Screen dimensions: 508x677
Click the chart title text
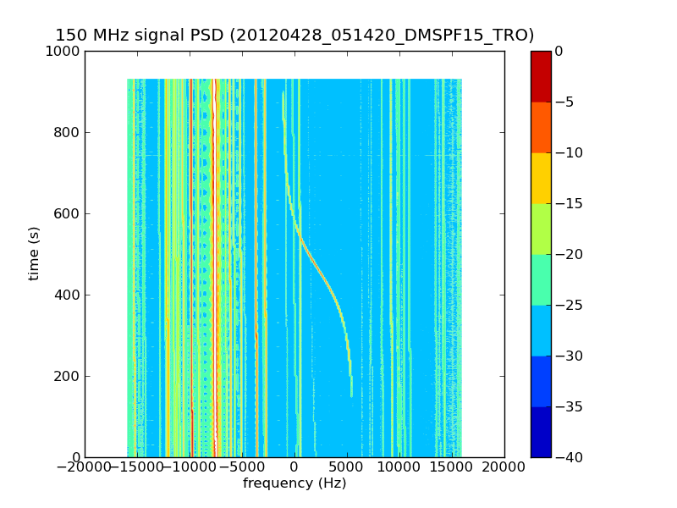click(x=294, y=36)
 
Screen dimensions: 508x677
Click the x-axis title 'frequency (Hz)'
click(x=294, y=483)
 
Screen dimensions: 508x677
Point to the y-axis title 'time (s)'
click(x=34, y=254)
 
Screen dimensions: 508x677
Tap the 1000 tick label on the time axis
click(x=64, y=51)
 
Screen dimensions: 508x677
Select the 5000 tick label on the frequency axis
click(x=347, y=467)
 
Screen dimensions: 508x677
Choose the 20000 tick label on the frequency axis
click(x=504, y=467)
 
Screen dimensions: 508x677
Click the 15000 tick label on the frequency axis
click(x=452, y=467)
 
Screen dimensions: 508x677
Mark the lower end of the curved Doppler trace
click(x=352, y=395)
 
